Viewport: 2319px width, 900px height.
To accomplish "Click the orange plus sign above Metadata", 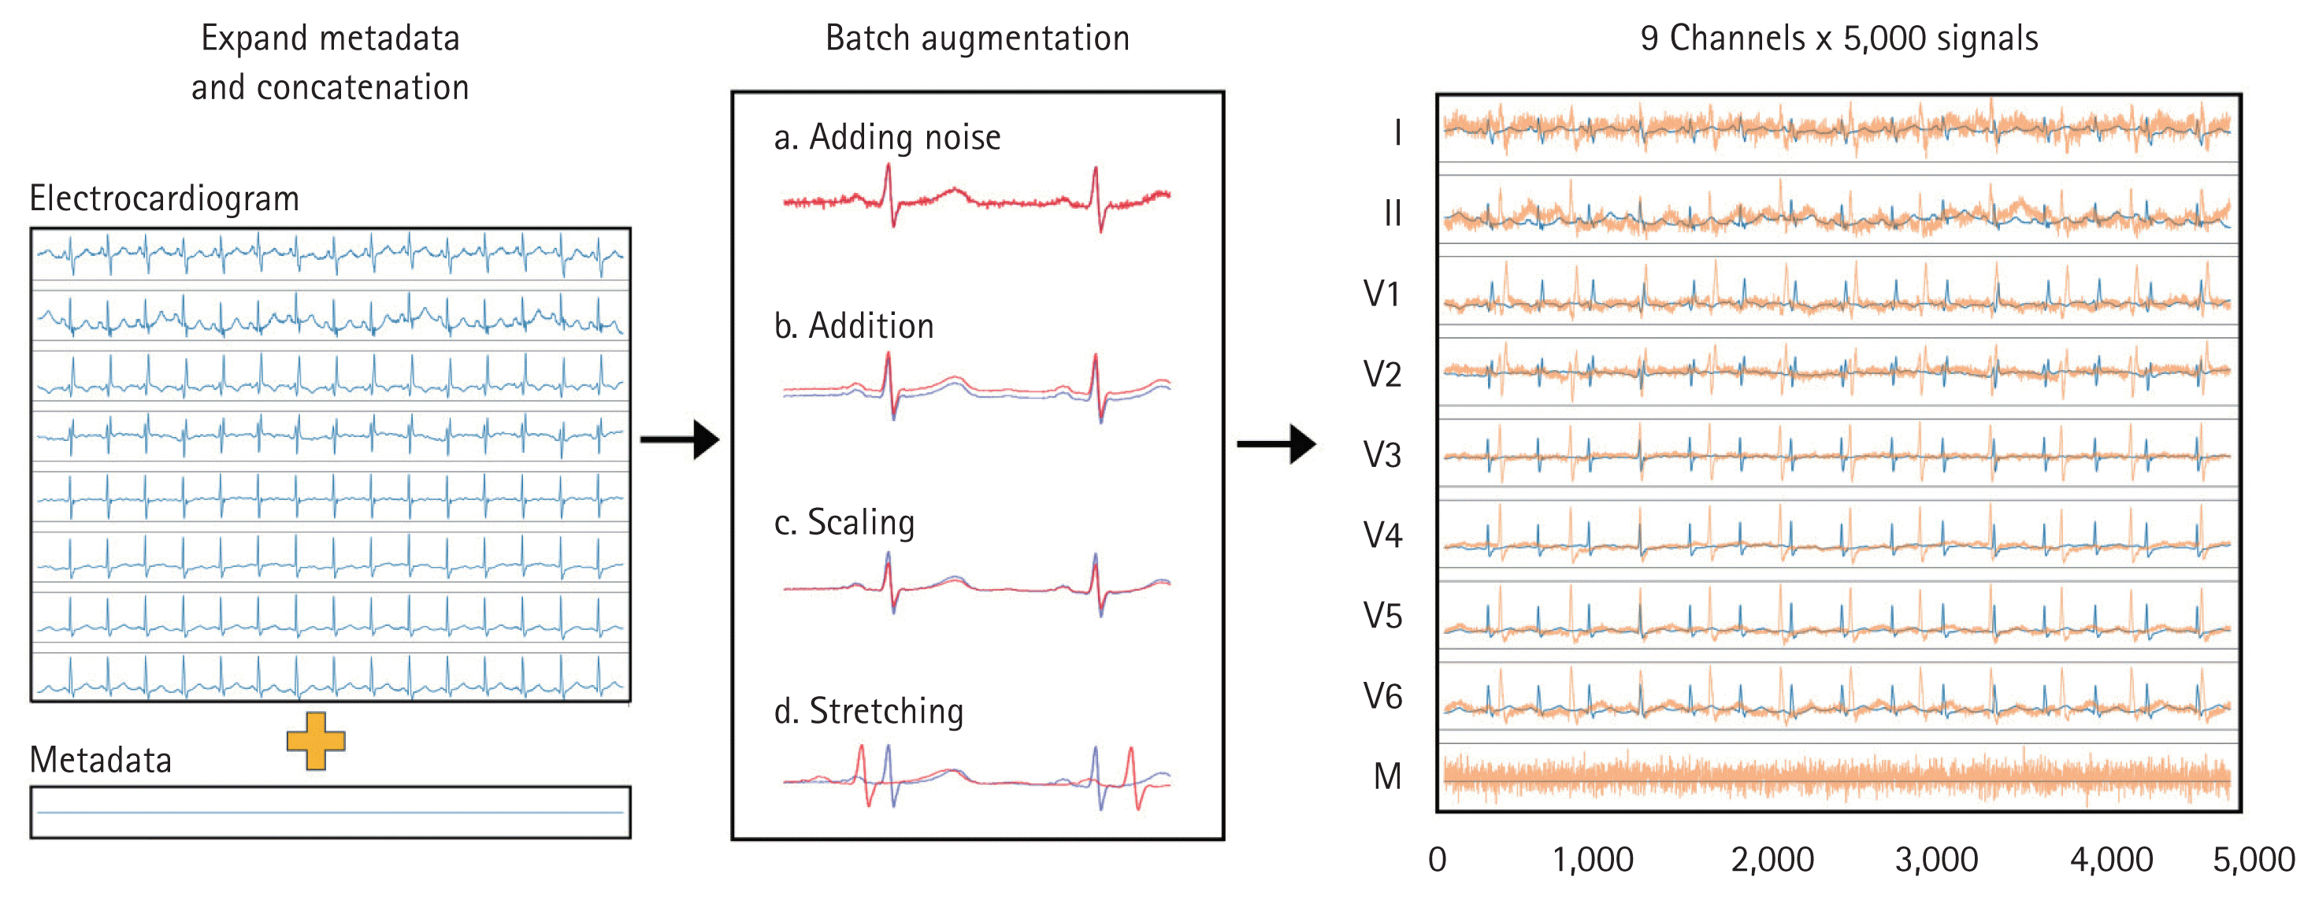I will (315, 741).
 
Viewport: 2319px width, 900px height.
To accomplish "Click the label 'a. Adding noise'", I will (887, 138).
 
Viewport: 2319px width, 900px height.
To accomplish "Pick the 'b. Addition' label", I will (853, 326).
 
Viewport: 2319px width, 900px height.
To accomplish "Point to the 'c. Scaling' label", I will (844, 523).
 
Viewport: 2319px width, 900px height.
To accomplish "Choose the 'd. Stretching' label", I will (869, 711).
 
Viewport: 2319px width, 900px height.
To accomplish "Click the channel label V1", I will (1381, 294).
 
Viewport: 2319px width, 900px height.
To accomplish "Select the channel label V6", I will (1382, 697).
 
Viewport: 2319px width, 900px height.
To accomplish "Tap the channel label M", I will (1387, 776).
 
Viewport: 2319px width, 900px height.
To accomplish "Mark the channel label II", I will (1392, 214).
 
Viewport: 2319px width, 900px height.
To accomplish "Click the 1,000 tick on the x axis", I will (1592, 860).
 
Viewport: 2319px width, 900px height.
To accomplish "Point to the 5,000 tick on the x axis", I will (2254, 860).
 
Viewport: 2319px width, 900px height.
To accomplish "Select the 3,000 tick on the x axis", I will (1935, 860).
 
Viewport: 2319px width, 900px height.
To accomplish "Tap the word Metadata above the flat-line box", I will (100, 761).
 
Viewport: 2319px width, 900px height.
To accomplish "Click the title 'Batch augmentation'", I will (977, 39).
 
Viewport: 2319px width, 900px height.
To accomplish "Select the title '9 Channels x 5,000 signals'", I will (1839, 39).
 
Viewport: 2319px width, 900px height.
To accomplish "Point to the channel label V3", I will (1382, 455).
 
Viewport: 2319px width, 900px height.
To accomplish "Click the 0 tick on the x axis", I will (1437, 860).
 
